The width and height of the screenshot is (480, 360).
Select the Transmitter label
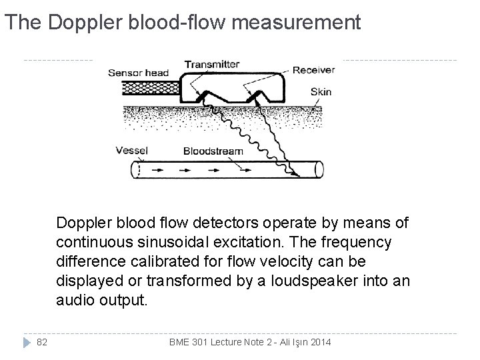[211, 65]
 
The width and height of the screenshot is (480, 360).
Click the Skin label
[320, 92]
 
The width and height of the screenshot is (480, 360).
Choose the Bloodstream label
[213, 151]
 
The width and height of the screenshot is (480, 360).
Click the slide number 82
[41, 342]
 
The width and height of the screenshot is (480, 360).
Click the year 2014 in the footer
[321, 342]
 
